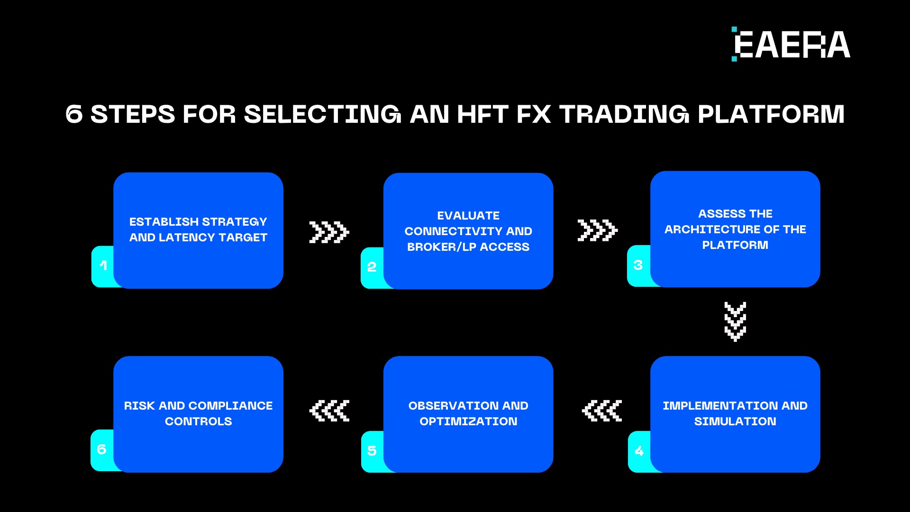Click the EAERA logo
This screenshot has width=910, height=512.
point(791,45)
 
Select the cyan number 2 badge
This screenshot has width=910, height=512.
point(372,267)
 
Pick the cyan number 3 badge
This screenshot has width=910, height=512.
point(638,265)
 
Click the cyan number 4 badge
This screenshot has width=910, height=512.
point(639,451)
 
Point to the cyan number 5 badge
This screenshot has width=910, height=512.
point(372,451)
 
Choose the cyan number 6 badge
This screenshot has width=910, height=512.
point(102,449)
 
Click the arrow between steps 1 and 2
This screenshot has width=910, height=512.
point(329,232)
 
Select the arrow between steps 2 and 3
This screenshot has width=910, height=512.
point(597,230)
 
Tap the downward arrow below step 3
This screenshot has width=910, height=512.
point(735,321)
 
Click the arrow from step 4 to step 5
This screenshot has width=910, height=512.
point(601,411)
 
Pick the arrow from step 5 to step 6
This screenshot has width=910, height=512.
point(329,411)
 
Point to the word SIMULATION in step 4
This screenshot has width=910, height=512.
point(735,421)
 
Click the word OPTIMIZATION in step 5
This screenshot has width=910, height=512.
point(468,421)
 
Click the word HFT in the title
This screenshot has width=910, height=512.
point(482,114)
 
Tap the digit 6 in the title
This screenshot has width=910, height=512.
point(74,114)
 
